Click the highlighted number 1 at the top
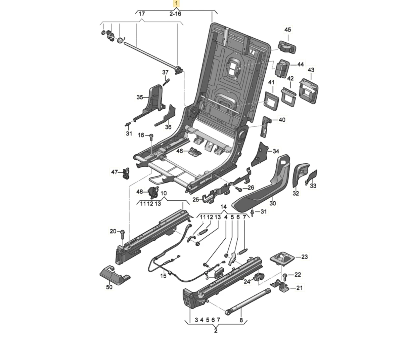pyautogui.click(x=176, y=4)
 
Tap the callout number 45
pyautogui.click(x=288, y=30)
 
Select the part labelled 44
pyautogui.click(x=282, y=69)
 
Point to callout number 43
pyautogui.click(x=311, y=70)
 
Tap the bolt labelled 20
pyautogui.click(x=122, y=232)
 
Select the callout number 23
pyautogui.click(x=304, y=257)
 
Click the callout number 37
pyautogui.click(x=166, y=72)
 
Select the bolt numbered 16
pyautogui.click(x=151, y=136)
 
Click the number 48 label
pyautogui.click(x=139, y=192)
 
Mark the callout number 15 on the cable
pyautogui.click(x=163, y=276)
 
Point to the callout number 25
pyautogui.click(x=196, y=200)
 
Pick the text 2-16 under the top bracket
pyautogui.click(x=175, y=14)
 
